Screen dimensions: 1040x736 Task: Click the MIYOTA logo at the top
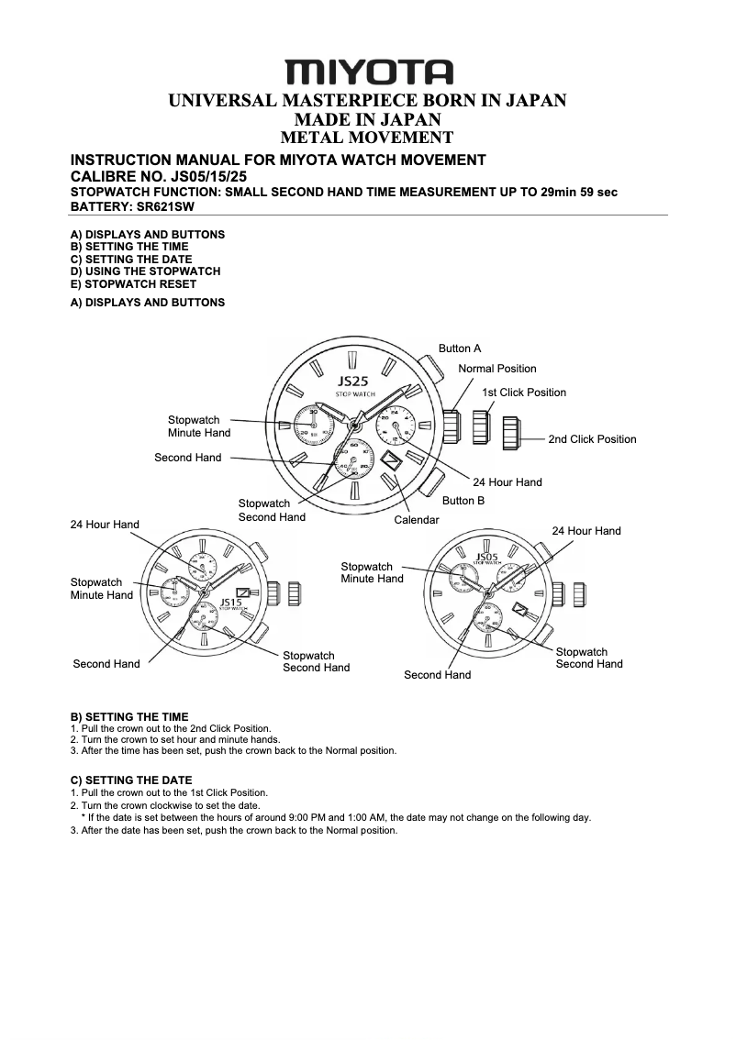click(368, 72)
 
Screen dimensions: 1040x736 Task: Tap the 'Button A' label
click(460, 349)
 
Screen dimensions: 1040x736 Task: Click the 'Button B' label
click(463, 501)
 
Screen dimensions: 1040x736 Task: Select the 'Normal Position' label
click(497, 369)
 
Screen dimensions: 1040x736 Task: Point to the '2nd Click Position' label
click(592, 439)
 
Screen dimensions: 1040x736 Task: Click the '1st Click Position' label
click(524, 393)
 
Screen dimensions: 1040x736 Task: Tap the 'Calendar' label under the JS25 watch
click(417, 520)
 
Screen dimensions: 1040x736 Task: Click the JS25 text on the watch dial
click(352, 381)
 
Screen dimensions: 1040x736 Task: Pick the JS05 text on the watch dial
click(486, 557)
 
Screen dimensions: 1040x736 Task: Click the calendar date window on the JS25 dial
click(392, 459)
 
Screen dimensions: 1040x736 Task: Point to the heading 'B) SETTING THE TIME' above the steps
click(129, 717)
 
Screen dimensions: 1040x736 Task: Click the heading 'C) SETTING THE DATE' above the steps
click(131, 780)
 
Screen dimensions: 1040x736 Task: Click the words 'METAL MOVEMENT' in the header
click(367, 138)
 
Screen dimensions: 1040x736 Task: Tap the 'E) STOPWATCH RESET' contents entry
click(133, 284)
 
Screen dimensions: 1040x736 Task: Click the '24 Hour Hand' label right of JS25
click(507, 482)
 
